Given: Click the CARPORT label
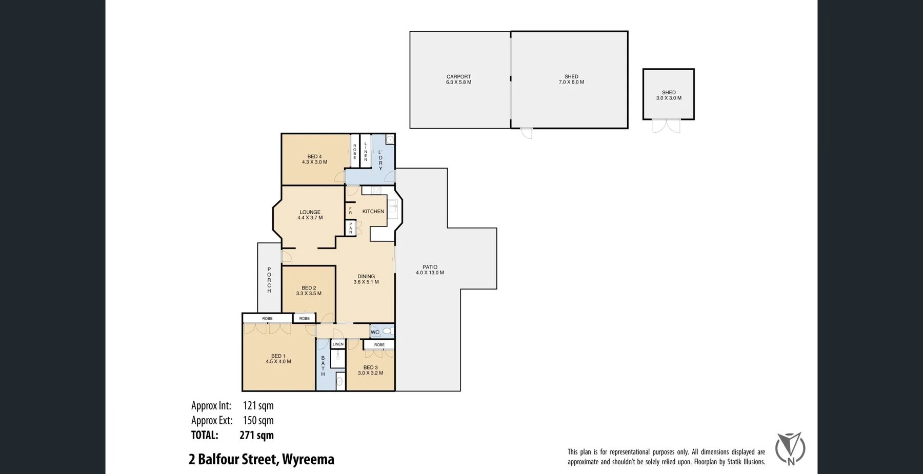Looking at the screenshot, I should click(x=458, y=77).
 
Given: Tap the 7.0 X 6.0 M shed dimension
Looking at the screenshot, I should click(x=571, y=83).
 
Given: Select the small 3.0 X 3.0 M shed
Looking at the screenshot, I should click(x=669, y=95).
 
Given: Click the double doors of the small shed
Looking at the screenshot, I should click(x=666, y=126).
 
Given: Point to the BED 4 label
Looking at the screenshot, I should click(x=314, y=157).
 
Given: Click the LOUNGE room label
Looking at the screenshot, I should click(x=310, y=212).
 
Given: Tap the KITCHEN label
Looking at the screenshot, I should click(x=373, y=212).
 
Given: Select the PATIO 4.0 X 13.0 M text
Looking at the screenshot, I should click(x=430, y=270).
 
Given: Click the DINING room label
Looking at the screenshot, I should click(x=366, y=277).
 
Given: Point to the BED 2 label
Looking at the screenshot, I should click(x=309, y=288).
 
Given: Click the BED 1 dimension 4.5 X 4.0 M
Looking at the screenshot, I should click(x=278, y=362).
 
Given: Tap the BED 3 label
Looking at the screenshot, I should click(x=370, y=367).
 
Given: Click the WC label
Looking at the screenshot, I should click(x=375, y=333).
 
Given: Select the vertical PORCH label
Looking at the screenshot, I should click(x=269, y=280).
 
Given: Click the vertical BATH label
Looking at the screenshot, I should click(x=323, y=366).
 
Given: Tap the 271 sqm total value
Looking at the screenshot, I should click(x=256, y=436).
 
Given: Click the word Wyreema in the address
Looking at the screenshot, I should click(x=308, y=460).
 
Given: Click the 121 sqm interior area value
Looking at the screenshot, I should click(x=258, y=406).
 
